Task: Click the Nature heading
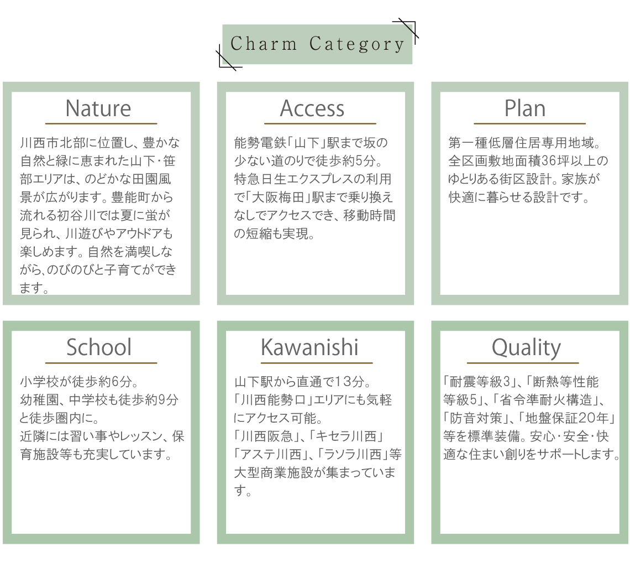pyautogui.click(x=98, y=108)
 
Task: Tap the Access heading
pyautogui.click(x=312, y=108)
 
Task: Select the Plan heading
pyautogui.click(x=525, y=108)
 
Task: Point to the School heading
pyautogui.click(x=99, y=347)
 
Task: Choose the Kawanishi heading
pyautogui.click(x=309, y=347)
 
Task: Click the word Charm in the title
pyautogui.click(x=264, y=44)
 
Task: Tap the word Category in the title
pyautogui.click(x=357, y=44)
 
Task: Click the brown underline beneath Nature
pyautogui.click(x=101, y=123)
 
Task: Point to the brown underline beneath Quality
pyautogui.click(x=523, y=363)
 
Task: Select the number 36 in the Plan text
pyautogui.click(x=548, y=161)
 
